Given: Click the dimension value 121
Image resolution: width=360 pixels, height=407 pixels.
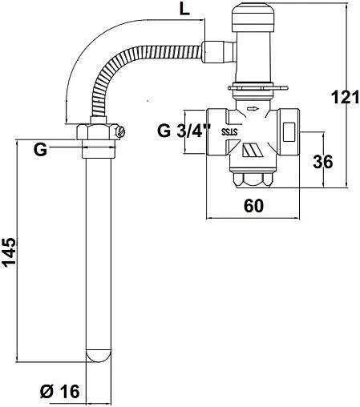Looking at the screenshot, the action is [x=346, y=97].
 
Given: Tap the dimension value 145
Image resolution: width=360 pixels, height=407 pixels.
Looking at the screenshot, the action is [x=10, y=252].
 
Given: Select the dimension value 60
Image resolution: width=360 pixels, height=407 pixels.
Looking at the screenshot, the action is [x=253, y=206].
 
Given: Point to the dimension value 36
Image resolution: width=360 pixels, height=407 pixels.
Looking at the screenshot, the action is [x=323, y=162].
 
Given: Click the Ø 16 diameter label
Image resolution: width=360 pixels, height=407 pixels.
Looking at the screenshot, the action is [x=60, y=392].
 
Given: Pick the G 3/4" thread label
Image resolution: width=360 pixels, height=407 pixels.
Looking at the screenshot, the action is [x=184, y=131].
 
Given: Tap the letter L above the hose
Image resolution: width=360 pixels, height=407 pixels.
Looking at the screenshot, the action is [x=184, y=10].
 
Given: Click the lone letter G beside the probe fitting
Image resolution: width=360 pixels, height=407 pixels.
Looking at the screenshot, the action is [x=40, y=149].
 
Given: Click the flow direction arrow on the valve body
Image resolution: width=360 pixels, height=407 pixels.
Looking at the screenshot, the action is [x=253, y=109].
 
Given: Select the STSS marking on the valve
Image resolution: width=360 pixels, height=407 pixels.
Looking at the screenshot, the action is [x=229, y=131].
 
